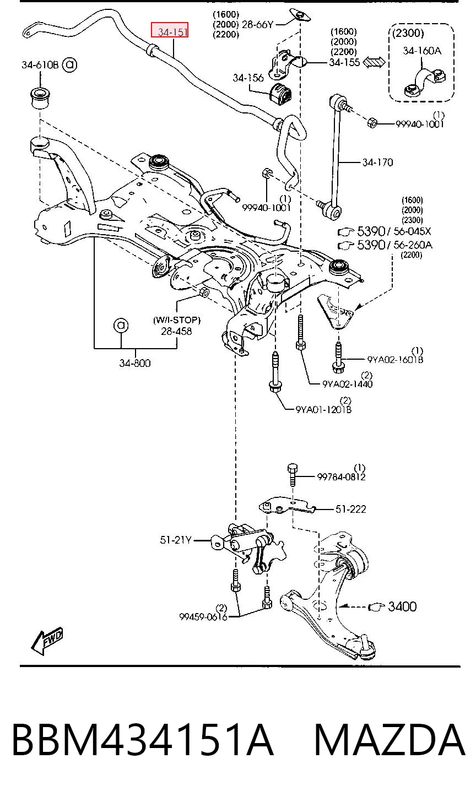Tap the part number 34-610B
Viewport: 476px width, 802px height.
pos(40,65)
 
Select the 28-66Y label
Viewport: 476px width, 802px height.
pos(257,24)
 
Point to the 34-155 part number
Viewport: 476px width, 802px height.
pos(344,62)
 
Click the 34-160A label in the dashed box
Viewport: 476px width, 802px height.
pos(422,51)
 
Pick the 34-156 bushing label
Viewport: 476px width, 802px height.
pos(248,78)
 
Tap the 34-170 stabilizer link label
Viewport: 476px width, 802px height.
pos(377,162)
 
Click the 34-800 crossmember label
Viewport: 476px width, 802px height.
pos(134,363)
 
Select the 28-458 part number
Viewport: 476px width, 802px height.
pos(176,331)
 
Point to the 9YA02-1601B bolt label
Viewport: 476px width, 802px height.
pos(395,360)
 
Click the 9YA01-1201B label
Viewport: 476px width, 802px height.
pos(323,409)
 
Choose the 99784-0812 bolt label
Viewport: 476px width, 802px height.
pos(341,477)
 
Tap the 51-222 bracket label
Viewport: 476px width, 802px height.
pos(350,509)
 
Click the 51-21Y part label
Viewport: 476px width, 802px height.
pos(176,540)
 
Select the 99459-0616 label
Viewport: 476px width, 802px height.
pos(203,617)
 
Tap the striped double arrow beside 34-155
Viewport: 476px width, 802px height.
pos(374,63)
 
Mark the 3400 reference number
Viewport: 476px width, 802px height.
pos(402,606)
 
